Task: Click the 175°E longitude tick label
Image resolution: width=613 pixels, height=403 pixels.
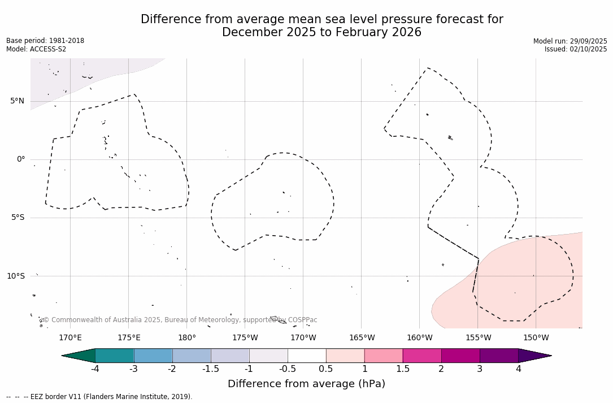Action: click(x=129, y=338)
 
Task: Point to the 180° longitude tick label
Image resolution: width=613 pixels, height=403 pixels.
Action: click(x=187, y=338)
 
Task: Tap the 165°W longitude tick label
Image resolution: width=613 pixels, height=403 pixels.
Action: click(x=362, y=338)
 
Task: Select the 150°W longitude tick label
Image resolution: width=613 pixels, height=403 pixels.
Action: click(x=536, y=338)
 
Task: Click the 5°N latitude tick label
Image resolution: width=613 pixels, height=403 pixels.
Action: click(x=17, y=101)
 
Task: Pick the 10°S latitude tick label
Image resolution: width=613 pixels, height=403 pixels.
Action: click(x=15, y=276)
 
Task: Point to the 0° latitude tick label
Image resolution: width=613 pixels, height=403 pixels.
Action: click(x=20, y=159)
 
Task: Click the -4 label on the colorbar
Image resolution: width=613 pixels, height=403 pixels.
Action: click(x=95, y=369)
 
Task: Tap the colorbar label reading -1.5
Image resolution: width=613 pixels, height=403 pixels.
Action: click(x=211, y=369)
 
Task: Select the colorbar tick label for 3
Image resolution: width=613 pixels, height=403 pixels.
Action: click(x=480, y=369)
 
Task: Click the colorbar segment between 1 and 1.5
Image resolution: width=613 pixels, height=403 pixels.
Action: click(x=384, y=356)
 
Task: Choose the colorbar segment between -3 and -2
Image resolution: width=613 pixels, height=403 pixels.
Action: click(x=153, y=356)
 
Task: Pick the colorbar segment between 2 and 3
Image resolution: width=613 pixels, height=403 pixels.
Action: click(x=460, y=356)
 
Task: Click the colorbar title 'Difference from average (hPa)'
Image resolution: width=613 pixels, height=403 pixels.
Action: click(x=306, y=384)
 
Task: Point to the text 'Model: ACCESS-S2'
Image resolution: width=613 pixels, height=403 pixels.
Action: click(x=36, y=49)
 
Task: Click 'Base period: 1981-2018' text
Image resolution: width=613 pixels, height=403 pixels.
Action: click(x=45, y=41)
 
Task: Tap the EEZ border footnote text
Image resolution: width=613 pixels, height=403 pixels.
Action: click(x=99, y=397)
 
